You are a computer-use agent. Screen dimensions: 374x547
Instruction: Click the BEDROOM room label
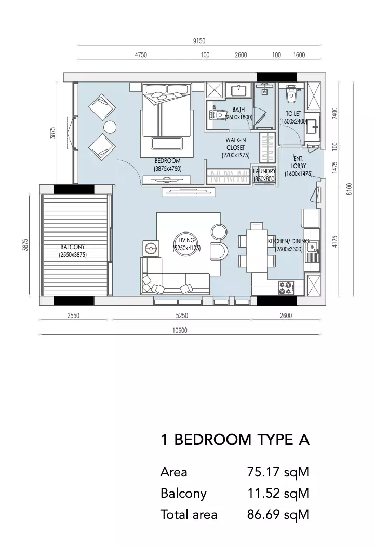pyautogui.click(x=168, y=161)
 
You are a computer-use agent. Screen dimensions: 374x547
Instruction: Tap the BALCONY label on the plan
pyautogui.click(x=73, y=247)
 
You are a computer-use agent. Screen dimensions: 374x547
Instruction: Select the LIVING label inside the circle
pyautogui.click(x=186, y=240)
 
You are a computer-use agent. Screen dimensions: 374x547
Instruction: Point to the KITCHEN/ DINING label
pyautogui.click(x=288, y=241)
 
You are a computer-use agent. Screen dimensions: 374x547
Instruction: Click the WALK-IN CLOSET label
pyautogui.click(x=236, y=144)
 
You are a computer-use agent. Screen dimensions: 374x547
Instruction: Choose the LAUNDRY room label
pyautogui.click(x=264, y=171)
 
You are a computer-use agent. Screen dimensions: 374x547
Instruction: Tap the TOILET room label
pyautogui.click(x=293, y=114)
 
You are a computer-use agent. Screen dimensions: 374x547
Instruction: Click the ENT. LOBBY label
pyautogui.click(x=298, y=162)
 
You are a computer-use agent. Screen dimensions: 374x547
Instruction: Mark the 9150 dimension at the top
pyautogui.click(x=199, y=41)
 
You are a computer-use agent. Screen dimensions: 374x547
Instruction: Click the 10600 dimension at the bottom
pyautogui.click(x=180, y=330)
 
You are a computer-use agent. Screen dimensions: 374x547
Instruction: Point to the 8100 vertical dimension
pyautogui.click(x=350, y=189)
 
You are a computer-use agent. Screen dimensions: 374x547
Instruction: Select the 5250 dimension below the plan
pyautogui.click(x=182, y=316)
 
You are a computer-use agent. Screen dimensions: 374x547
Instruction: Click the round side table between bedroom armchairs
pyautogui.click(x=110, y=127)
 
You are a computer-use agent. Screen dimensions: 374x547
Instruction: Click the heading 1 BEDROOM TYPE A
pyautogui.click(x=235, y=440)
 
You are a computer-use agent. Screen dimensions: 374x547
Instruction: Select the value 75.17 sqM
pyautogui.click(x=278, y=472)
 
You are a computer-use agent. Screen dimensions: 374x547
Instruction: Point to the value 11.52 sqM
pyautogui.click(x=278, y=494)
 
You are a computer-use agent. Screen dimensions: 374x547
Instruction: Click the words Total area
pyautogui.click(x=189, y=515)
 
